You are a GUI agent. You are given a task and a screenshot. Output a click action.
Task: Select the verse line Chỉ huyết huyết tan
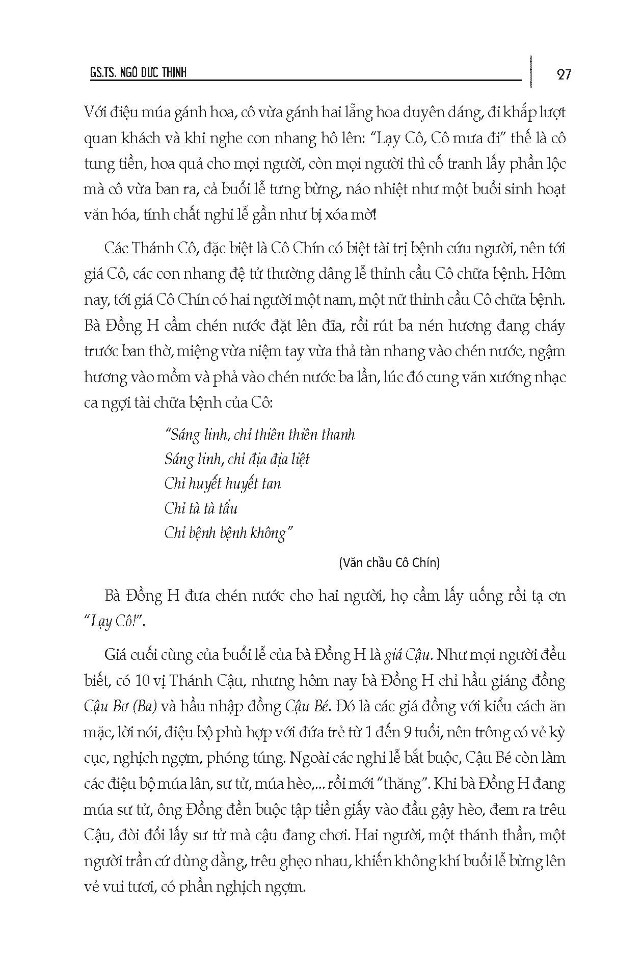click(x=223, y=484)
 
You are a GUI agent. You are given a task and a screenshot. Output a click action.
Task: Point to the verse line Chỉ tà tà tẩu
click(x=201, y=509)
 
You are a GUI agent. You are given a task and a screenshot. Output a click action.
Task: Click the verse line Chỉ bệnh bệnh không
click(x=229, y=533)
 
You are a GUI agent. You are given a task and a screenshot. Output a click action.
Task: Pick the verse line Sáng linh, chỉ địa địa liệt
click(x=237, y=459)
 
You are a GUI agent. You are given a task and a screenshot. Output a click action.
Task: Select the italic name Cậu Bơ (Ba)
click(x=120, y=706)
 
